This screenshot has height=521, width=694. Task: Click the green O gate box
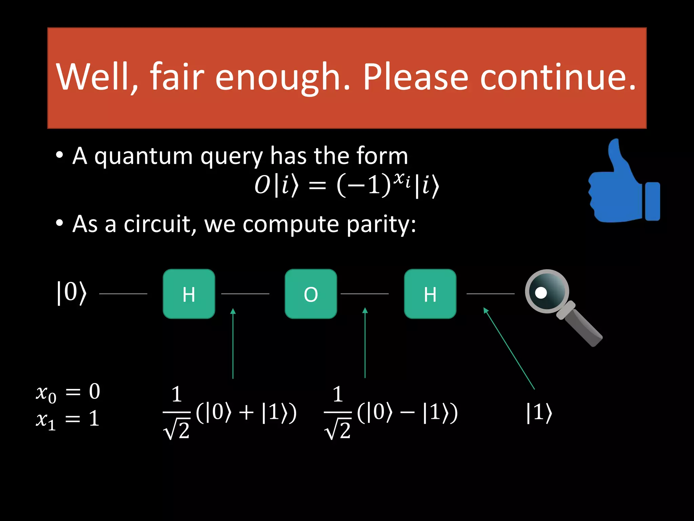(x=311, y=294)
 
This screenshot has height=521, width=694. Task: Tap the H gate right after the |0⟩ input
(x=189, y=294)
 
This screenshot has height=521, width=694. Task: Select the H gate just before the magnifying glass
(x=430, y=294)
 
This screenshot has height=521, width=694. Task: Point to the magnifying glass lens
(x=546, y=291)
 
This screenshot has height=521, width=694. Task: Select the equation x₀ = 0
(x=68, y=392)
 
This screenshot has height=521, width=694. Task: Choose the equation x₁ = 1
(x=68, y=419)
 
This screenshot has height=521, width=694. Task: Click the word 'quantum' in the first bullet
(x=144, y=157)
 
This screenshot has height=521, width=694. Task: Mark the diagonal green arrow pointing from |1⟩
(x=509, y=348)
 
